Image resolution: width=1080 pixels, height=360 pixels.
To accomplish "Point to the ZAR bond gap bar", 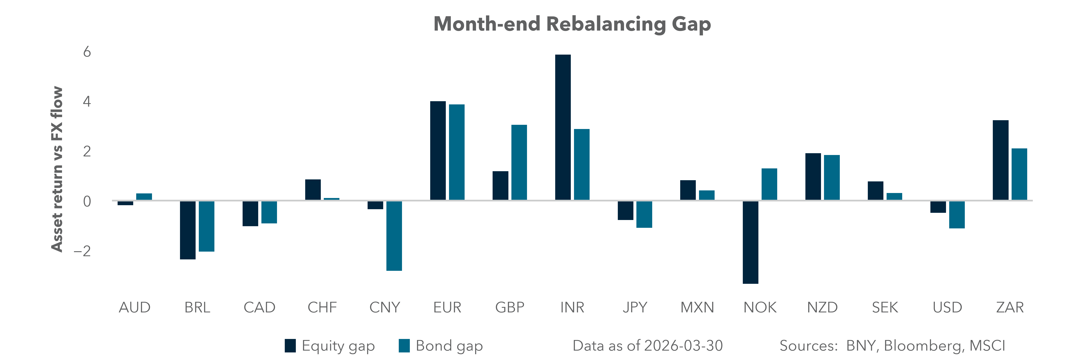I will (x=1019, y=174).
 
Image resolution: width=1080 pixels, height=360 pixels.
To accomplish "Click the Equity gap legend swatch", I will (x=290, y=346).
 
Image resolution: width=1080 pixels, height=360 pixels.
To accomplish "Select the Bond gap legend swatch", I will (x=404, y=346).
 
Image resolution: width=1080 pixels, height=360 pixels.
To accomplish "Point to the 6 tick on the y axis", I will (x=87, y=52).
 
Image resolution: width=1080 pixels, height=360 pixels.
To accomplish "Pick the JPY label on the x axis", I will (x=635, y=308).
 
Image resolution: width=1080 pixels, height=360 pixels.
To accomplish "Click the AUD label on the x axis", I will (x=135, y=308).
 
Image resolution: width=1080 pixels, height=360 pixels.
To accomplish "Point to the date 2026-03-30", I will (x=683, y=346).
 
